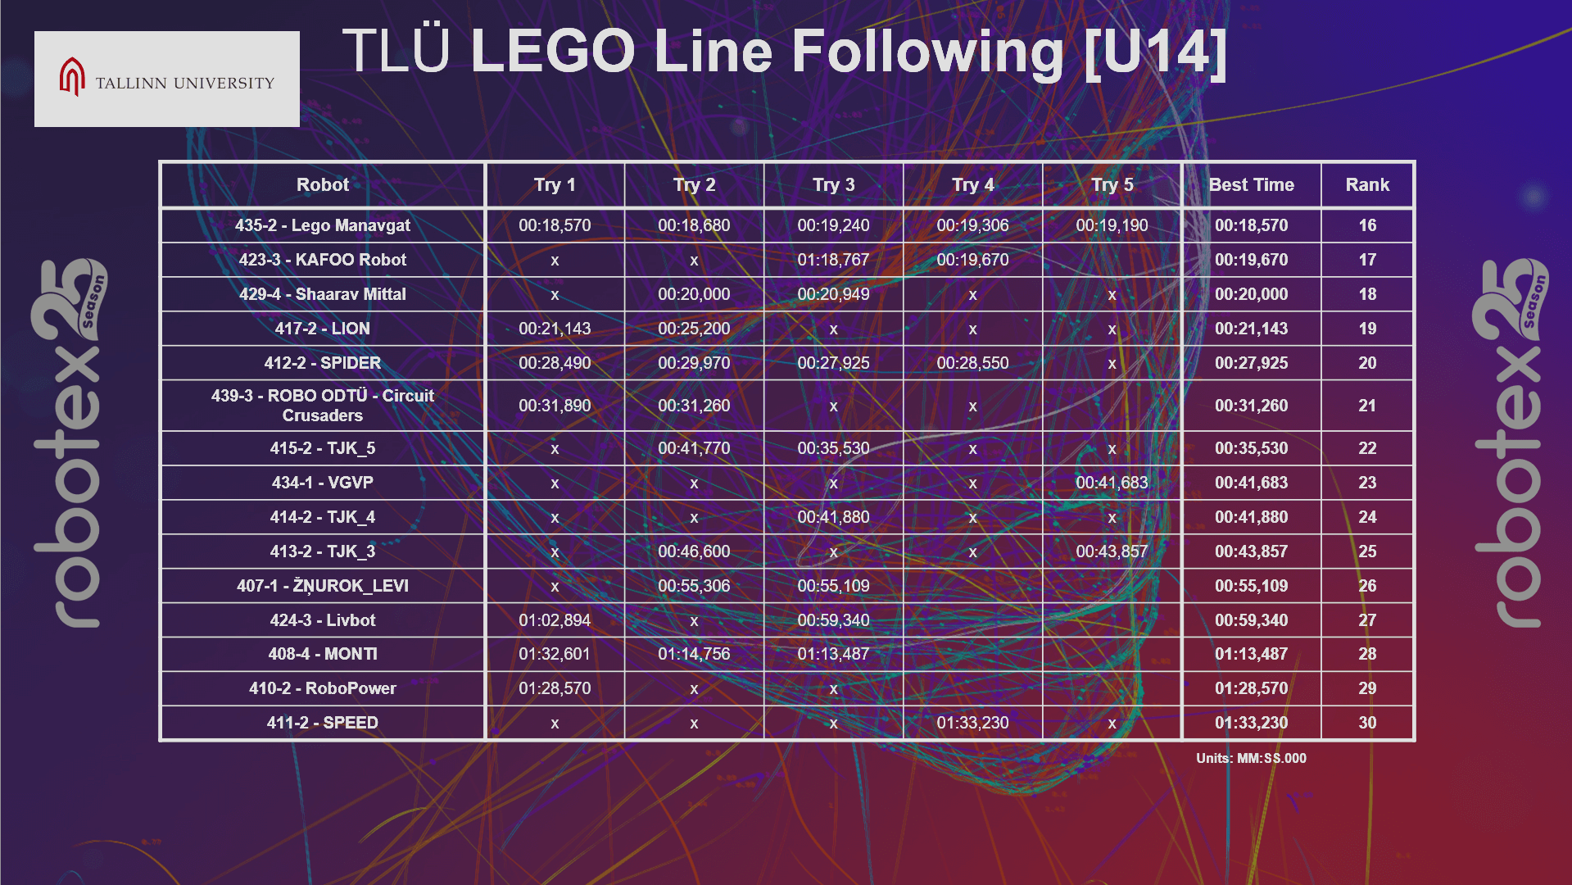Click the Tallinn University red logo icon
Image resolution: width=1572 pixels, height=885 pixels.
tap(72, 77)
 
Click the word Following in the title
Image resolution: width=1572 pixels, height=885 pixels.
tap(926, 52)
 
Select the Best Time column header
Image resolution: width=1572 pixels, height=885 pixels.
tap(1251, 185)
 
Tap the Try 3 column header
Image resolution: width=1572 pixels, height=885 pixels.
tap(833, 185)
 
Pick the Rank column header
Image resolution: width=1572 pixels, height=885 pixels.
tap(1366, 185)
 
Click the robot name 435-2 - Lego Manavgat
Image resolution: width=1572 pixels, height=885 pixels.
tap(322, 225)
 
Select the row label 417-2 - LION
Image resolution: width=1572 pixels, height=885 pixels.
tap(322, 329)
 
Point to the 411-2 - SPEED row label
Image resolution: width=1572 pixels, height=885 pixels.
tap(322, 723)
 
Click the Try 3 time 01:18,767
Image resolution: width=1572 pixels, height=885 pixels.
tap(833, 260)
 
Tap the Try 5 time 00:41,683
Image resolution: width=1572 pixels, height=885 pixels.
tap(1112, 483)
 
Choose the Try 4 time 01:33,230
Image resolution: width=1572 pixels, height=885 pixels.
tap(972, 723)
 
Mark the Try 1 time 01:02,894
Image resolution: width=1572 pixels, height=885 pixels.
tap(555, 620)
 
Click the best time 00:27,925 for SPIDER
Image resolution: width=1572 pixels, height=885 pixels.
tap(1251, 363)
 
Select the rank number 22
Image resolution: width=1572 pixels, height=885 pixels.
tap(1366, 448)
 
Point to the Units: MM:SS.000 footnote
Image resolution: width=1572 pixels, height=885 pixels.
tap(1251, 759)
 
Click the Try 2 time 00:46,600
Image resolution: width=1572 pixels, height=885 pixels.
tap(694, 551)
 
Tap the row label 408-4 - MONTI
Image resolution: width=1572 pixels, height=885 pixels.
tap(322, 654)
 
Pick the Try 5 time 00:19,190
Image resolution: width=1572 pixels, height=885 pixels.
tap(1112, 225)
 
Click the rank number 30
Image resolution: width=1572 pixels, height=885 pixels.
tap(1366, 723)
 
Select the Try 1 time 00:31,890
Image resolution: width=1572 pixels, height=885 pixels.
tap(555, 406)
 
